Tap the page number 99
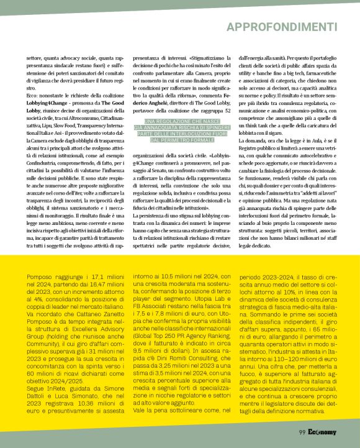coord(302,431)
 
